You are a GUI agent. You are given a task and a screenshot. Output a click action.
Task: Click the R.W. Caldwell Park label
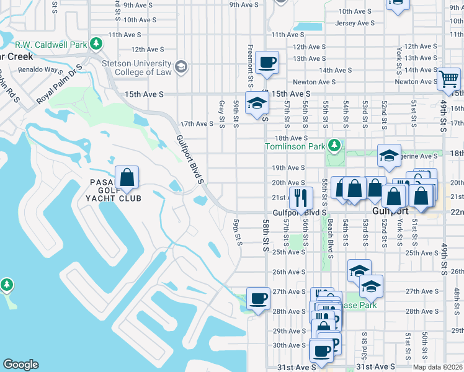[x=51, y=44]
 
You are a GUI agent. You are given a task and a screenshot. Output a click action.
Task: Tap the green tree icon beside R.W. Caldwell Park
[x=96, y=43]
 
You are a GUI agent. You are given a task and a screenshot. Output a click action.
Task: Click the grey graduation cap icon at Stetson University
[x=181, y=67]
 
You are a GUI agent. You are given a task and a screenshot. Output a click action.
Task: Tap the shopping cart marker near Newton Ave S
[x=448, y=79]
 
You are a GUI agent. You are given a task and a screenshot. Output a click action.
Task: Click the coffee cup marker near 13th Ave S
[x=267, y=63]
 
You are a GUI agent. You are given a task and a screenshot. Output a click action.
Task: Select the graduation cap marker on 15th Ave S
[x=256, y=103]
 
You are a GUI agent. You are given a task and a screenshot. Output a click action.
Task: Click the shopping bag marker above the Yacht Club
[x=127, y=177]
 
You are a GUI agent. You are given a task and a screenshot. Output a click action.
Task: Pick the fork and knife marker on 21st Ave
[x=300, y=198]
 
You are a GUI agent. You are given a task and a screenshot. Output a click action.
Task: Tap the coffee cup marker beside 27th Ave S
[x=258, y=298]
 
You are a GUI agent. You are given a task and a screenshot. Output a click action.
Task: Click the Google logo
[x=20, y=365]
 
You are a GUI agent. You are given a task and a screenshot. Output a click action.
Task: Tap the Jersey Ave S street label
[x=355, y=24]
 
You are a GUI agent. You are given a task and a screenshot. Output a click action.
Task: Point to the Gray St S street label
[x=221, y=114]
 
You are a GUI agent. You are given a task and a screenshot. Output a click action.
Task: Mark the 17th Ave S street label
[x=196, y=124]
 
